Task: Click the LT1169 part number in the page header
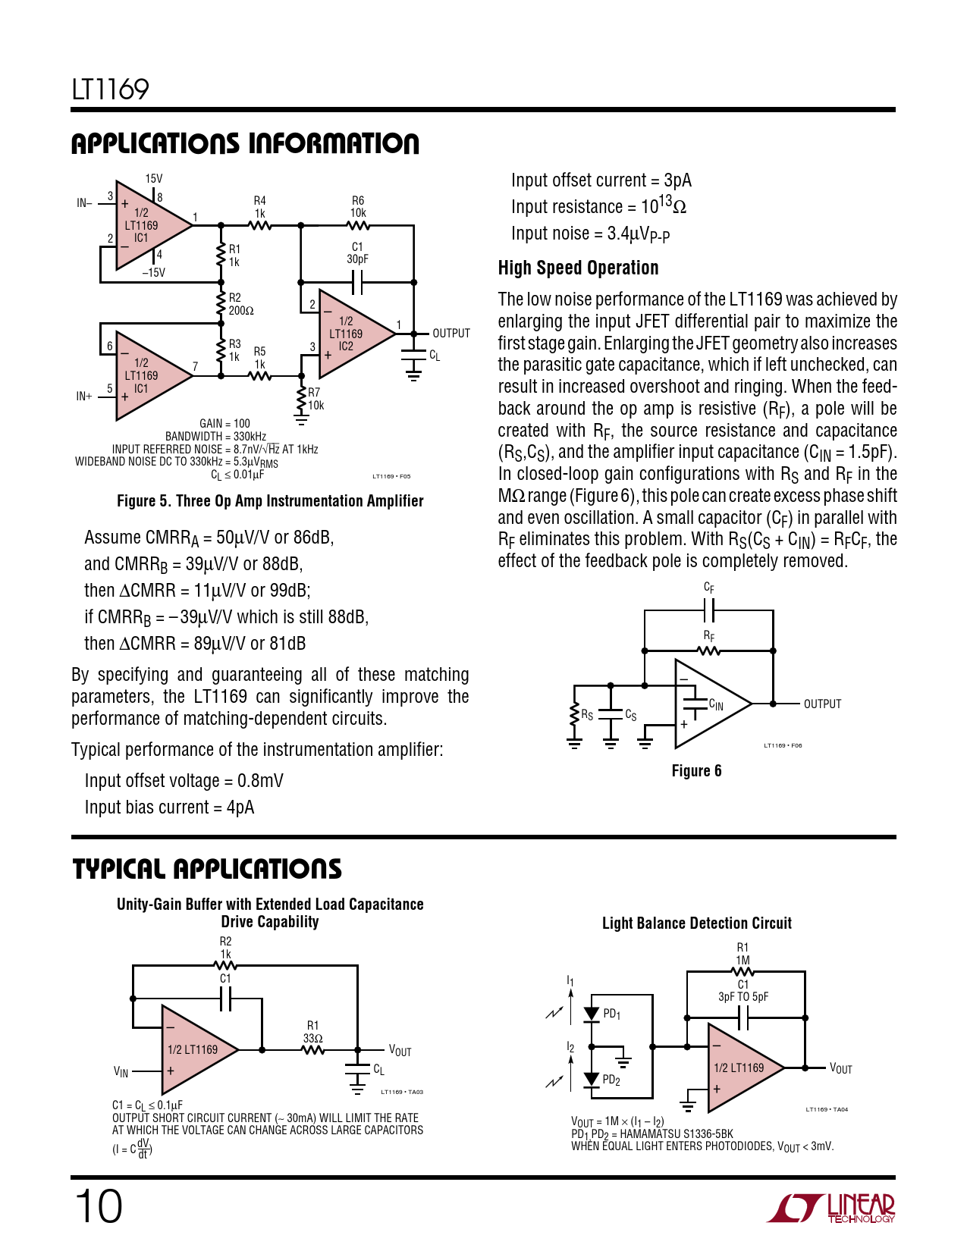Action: click(x=110, y=89)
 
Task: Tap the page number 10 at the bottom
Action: click(x=99, y=1207)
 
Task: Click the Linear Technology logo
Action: click(x=830, y=1209)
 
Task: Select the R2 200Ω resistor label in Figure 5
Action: click(x=241, y=304)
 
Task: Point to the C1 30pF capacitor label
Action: click(x=357, y=252)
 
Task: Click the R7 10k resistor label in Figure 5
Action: click(x=316, y=399)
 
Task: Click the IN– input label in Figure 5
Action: click(x=85, y=202)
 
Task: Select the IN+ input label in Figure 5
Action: click(x=84, y=396)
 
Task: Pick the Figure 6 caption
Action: click(x=696, y=771)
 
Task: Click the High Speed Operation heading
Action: click(x=578, y=268)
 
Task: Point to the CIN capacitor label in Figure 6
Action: click(x=716, y=704)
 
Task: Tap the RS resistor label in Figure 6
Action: click(x=587, y=714)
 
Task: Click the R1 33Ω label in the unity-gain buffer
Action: click(x=312, y=1032)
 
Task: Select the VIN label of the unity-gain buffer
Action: click(x=121, y=1072)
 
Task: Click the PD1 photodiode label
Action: click(x=611, y=1014)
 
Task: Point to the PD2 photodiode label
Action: click(x=611, y=1080)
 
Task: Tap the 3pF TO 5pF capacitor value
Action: click(x=743, y=997)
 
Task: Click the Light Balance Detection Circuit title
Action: click(x=697, y=923)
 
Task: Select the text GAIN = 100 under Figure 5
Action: click(x=224, y=424)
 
